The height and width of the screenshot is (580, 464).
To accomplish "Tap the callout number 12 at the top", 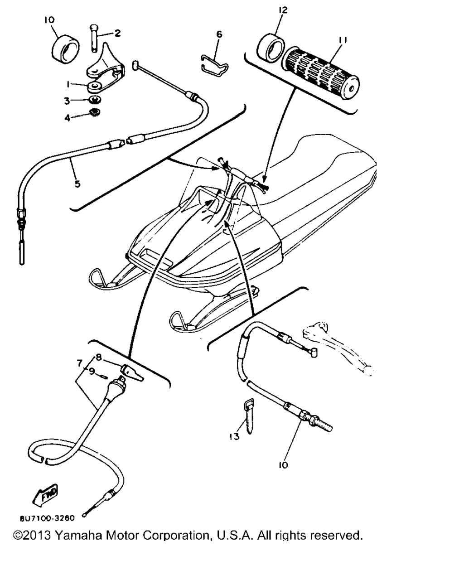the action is [283, 10].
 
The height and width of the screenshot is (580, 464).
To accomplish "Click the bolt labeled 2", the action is [93, 39].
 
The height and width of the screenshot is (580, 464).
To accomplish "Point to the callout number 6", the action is [219, 34].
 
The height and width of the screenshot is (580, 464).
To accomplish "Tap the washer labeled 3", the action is [94, 100].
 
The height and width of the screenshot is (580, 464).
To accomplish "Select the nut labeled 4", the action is [95, 111].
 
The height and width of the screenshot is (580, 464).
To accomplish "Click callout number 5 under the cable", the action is [77, 184].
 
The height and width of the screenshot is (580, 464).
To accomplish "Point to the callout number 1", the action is [68, 84].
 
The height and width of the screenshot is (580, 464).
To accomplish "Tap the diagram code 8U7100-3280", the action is [47, 518].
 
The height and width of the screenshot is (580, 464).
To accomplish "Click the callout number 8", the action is [99, 358].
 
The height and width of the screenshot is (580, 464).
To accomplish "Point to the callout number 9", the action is [92, 372].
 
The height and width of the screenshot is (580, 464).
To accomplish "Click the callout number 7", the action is [80, 363].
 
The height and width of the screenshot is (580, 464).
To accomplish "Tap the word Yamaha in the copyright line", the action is [78, 535].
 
